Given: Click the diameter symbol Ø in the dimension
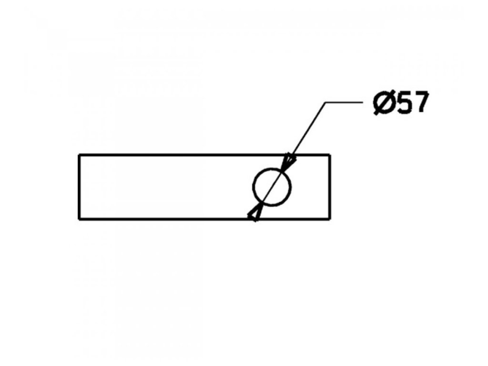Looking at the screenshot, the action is click(383, 103).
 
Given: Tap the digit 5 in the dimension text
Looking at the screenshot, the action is click(404, 103).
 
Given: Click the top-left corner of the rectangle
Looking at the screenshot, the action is click(79, 155).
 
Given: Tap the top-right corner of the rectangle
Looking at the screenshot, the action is click(330, 155).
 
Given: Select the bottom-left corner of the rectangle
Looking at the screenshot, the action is click(79, 219).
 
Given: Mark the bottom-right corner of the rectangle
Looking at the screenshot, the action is click(330, 219).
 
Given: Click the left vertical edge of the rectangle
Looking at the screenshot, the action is click(79, 187).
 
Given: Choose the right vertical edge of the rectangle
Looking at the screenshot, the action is click(330, 187).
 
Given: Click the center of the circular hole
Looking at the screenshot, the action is click(272, 187).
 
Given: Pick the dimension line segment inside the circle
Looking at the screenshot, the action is click(272, 187).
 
